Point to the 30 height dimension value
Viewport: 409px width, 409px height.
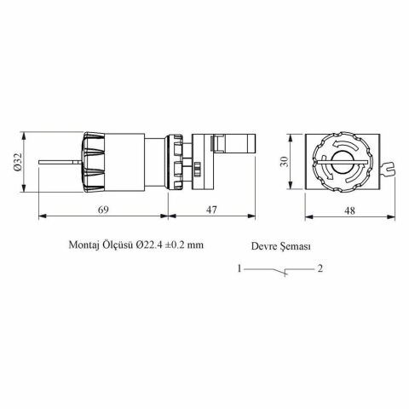click(287, 162)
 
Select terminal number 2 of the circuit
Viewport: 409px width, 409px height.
click(320, 270)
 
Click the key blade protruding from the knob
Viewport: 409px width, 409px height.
click(60, 162)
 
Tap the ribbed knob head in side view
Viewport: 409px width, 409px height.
click(95, 162)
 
